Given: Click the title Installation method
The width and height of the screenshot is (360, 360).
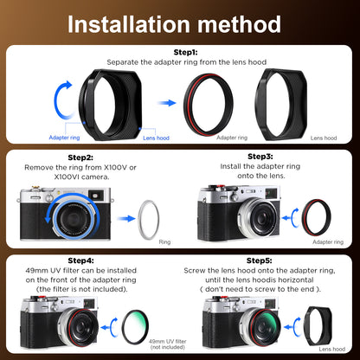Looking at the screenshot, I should tap(180, 22).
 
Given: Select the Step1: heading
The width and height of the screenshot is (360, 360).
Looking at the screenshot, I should tap(180, 52).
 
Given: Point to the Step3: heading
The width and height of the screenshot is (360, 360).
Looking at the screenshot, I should tap(261, 157).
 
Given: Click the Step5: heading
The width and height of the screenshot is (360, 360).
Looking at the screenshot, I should tap(260, 260).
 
